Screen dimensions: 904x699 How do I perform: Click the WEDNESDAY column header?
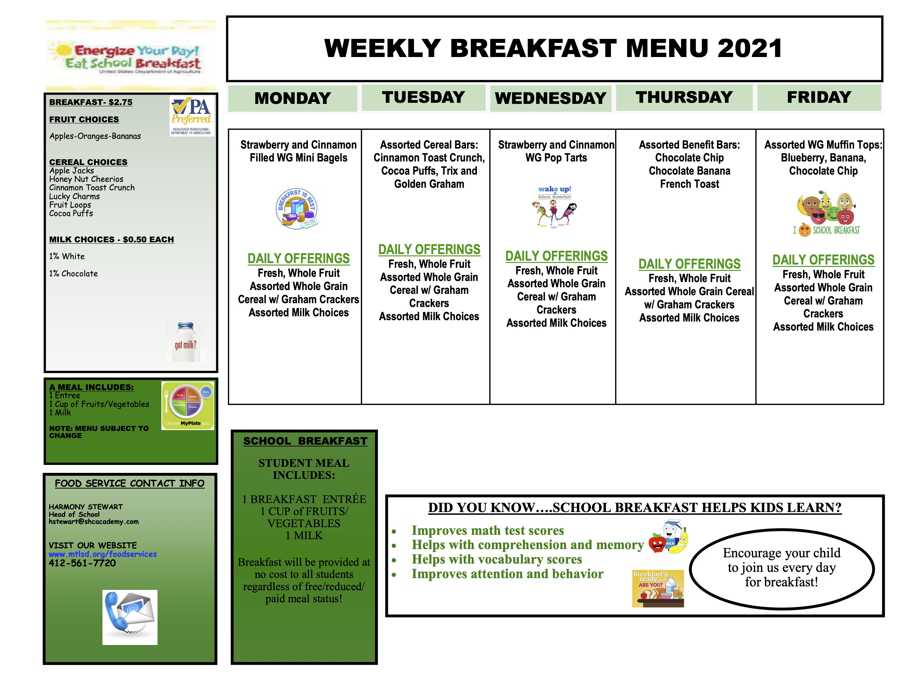point(551,98)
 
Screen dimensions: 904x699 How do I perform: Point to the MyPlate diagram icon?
point(187,405)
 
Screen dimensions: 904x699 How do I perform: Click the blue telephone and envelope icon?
point(130,617)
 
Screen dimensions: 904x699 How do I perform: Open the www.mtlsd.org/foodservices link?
point(103,554)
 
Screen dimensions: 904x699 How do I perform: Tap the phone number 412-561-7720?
point(82,563)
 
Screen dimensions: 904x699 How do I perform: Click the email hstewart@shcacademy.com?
point(93,522)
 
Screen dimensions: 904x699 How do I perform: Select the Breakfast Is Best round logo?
point(297,209)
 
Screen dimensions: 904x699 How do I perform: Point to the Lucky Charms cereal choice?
point(75,196)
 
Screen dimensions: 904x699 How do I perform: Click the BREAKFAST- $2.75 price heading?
point(91,102)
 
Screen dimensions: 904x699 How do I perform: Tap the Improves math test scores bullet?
point(488,530)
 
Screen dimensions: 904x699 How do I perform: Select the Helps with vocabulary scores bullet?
point(497,559)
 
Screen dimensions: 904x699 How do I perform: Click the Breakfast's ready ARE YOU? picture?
point(658,589)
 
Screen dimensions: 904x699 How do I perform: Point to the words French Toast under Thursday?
point(690,184)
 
